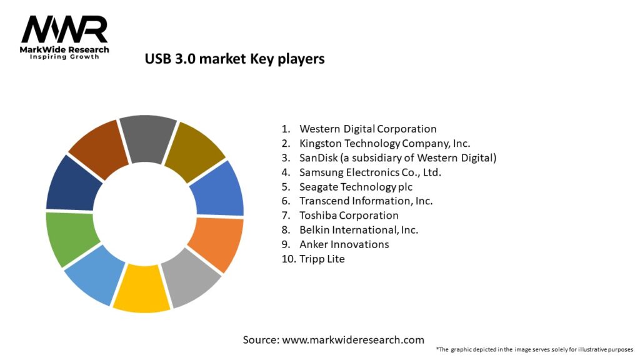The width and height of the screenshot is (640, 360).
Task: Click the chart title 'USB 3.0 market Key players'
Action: click(234, 59)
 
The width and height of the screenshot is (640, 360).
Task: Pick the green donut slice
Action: click(71, 238)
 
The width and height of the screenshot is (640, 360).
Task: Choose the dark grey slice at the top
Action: click(147, 139)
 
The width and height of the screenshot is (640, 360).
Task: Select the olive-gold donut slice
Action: click(196, 151)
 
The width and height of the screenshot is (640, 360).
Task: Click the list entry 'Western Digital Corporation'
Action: click(367, 129)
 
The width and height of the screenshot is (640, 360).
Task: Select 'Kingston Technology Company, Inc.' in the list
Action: click(384, 143)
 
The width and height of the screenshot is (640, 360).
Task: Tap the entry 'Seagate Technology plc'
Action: click(356, 186)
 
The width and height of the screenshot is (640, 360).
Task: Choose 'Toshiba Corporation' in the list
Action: click(349, 215)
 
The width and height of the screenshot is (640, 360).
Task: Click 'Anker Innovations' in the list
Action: click(344, 244)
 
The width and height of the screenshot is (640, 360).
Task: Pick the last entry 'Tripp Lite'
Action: click(322, 258)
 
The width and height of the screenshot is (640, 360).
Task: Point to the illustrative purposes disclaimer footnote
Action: click(534, 349)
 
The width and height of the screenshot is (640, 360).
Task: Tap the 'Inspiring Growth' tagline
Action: click(64, 57)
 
